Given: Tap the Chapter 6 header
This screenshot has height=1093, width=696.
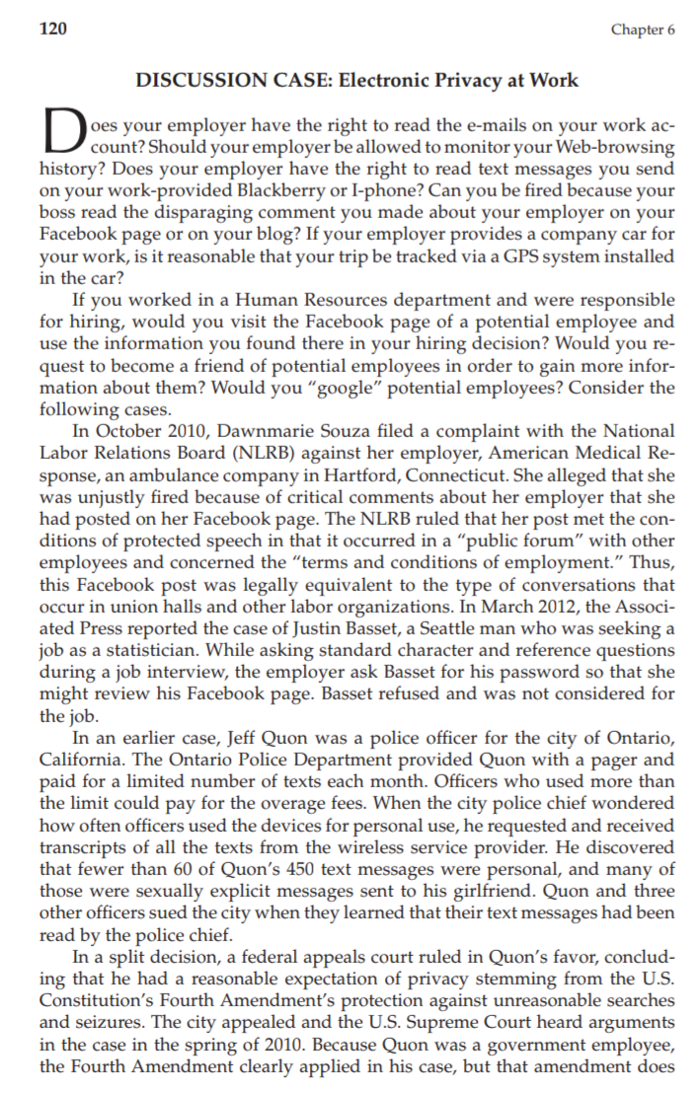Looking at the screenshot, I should (643, 30).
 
